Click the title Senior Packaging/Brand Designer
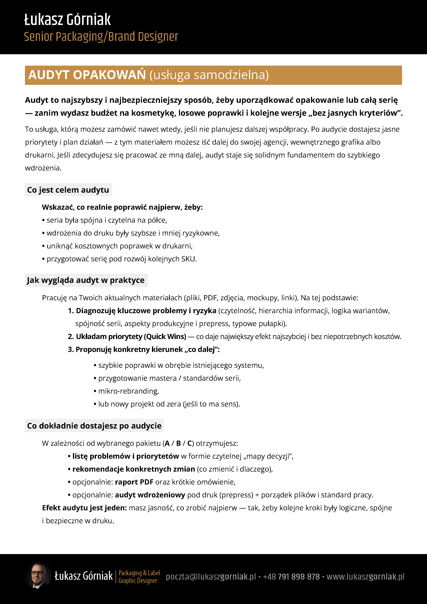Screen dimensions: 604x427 (x=101, y=37)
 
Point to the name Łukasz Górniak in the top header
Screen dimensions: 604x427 (x=67, y=20)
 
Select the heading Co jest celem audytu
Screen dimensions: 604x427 (x=68, y=190)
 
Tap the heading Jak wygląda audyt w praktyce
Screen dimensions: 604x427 (x=86, y=280)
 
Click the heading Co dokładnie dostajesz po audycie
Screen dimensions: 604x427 (x=94, y=426)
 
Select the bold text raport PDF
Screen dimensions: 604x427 (x=134, y=482)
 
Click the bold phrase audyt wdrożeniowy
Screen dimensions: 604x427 (x=150, y=495)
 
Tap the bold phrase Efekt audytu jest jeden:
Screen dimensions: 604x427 (x=84, y=508)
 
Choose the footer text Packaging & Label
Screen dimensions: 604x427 (x=139, y=573)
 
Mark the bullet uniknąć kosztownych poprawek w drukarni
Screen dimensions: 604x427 (x=119, y=246)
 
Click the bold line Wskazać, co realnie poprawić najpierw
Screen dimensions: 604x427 (x=122, y=207)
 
